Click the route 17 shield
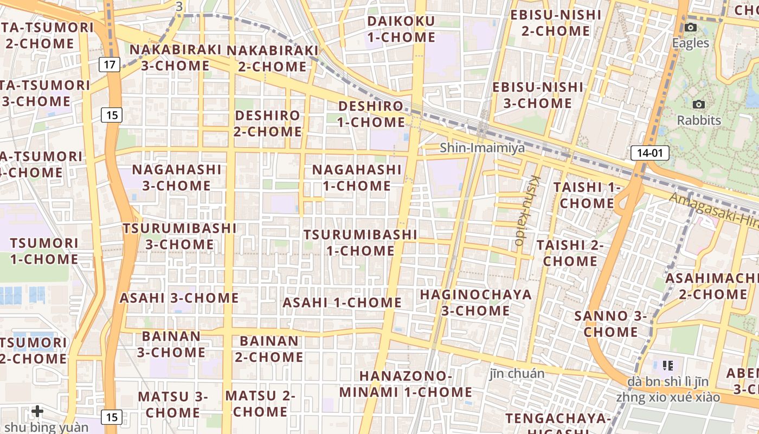pos(110,65)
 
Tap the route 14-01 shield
pos(649,153)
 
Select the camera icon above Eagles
pos(691,28)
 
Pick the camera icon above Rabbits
pos(699,104)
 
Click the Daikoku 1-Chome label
pos(401,29)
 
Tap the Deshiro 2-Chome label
pos(268,123)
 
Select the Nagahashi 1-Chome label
pos(357,177)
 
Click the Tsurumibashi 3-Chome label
pos(179,236)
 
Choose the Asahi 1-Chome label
pos(342,302)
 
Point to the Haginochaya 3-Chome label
pos(476,303)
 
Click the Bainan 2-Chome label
pos(269,349)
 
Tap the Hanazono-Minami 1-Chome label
pos(406,384)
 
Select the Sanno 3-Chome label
pos(610,323)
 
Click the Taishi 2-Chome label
pos(570,253)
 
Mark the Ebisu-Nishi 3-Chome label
pos(538,95)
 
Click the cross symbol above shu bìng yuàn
pos(37,411)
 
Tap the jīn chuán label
pos(517,373)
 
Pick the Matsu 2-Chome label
pos(260,403)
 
